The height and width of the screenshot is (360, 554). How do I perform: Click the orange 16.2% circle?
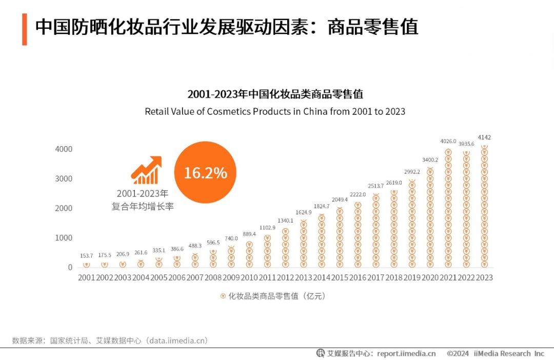coord(205,172)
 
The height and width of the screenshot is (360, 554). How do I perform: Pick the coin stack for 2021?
coord(448,209)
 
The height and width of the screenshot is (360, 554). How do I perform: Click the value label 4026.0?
coord(448,141)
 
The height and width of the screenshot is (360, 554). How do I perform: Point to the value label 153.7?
coord(86,255)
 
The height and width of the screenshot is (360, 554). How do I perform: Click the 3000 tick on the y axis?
coord(64,178)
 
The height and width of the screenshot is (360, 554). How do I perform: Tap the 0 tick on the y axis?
coord(70,267)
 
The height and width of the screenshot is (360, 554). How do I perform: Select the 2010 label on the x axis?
coord(249,277)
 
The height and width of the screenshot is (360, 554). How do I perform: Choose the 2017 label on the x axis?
coord(375,277)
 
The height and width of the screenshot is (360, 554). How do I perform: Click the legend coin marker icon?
coord(223,296)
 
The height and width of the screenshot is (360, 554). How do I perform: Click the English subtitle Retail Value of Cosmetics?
coord(275,111)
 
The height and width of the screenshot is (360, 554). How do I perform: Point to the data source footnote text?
coord(110,341)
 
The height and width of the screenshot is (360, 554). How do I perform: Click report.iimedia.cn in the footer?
coord(406,353)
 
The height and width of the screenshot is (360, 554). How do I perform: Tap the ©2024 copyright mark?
coord(458,353)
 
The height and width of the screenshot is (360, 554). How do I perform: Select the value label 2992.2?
coord(412,172)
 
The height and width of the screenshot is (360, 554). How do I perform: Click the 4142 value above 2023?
coord(484,137)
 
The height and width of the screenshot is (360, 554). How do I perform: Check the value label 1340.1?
coord(285,221)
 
